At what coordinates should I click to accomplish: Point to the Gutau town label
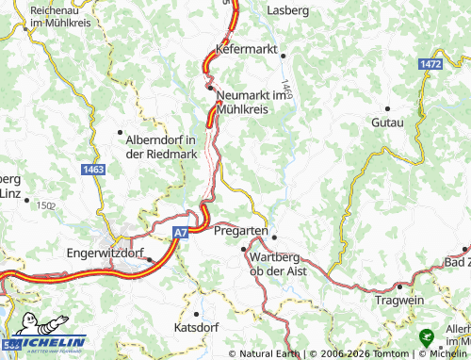click(387, 123)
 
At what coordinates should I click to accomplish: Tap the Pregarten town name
click(241, 230)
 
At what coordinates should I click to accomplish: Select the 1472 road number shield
click(431, 62)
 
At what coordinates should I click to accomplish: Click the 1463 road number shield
click(92, 169)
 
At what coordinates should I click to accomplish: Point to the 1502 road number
click(45, 204)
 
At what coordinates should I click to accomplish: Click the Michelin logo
click(44, 344)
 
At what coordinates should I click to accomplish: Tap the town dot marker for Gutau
click(388, 106)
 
